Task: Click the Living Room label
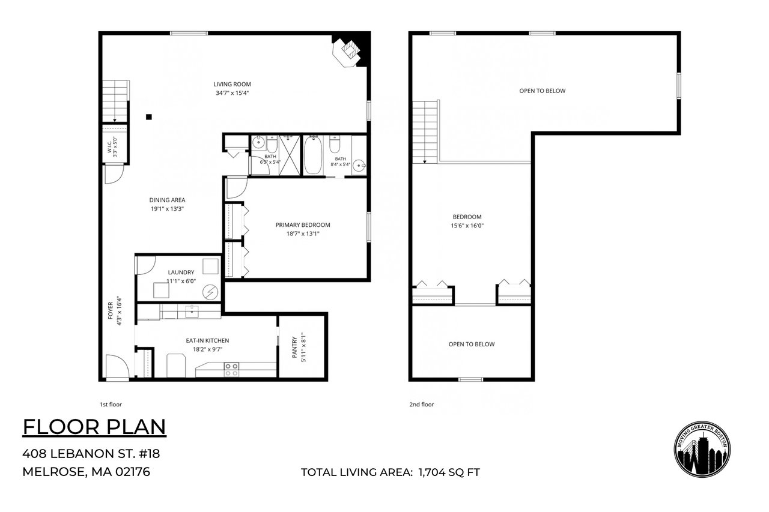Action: coord(232,84)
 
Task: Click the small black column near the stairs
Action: coord(148,117)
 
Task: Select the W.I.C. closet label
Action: coord(109,147)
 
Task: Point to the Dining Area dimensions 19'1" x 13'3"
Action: coord(167,208)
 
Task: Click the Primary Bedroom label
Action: coord(303,225)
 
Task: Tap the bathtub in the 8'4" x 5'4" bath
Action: coord(313,155)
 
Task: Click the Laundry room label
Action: coord(181,273)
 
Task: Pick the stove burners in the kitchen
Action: coord(231,369)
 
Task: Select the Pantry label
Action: coord(294,348)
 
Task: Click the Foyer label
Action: coord(110,310)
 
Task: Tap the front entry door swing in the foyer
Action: coord(117,366)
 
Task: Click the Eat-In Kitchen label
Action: coord(207,340)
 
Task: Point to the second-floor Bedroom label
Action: coord(467,217)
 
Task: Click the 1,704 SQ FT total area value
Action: coord(449,472)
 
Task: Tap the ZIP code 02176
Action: coord(133,472)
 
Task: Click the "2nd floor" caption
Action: coord(421,405)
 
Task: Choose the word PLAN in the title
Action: coord(136,427)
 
